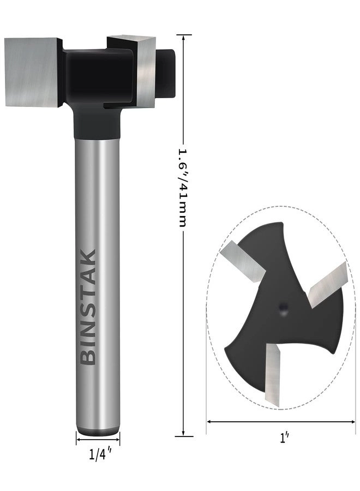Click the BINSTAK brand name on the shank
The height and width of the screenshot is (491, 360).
click(88, 307)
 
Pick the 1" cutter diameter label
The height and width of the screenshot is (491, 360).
click(283, 438)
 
